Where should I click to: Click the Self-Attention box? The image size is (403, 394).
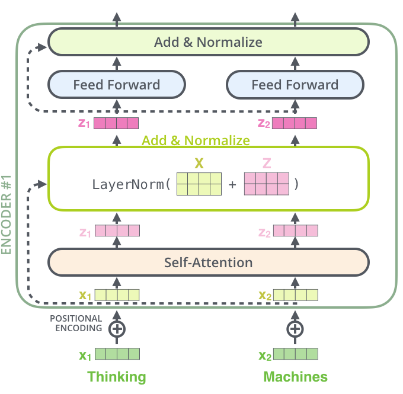(208, 262)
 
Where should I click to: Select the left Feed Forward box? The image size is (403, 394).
(116, 85)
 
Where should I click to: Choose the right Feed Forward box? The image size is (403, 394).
(295, 85)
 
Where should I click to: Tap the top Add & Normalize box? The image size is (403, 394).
(208, 42)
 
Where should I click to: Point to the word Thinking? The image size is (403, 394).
(116, 377)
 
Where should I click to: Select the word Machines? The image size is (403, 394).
(295, 377)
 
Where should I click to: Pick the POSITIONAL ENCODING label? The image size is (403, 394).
(75, 323)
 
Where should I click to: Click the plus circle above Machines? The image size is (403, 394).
(295, 328)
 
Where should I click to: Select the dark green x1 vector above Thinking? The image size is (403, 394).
(117, 355)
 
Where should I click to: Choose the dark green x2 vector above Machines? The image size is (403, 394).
(295, 355)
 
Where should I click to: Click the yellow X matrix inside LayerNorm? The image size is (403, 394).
(199, 184)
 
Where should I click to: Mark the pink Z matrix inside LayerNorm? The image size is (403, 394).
(266, 184)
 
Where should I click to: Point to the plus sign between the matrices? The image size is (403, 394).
(232, 184)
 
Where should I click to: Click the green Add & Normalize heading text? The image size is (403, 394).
(196, 140)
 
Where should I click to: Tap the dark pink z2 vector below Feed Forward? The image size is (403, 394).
(295, 124)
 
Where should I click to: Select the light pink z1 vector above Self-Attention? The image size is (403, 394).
(117, 230)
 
